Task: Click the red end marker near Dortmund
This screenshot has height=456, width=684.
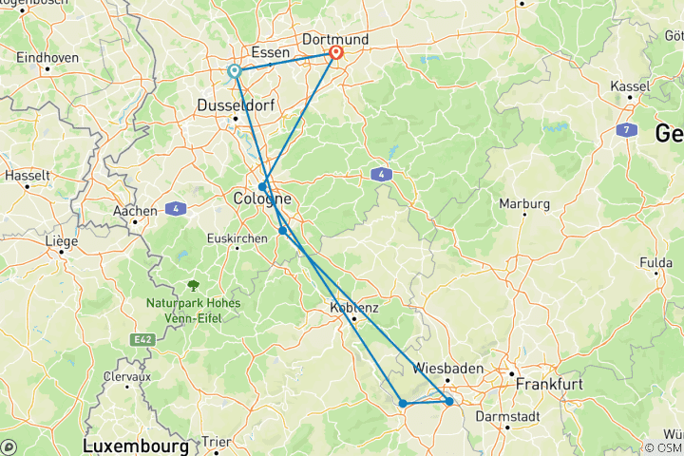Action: tap(335, 53)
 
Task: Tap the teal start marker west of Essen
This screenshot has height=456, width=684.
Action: tap(235, 71)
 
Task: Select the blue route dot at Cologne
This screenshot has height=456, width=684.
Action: tap(262, 187)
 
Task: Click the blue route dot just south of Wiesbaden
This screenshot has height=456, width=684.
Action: tap(449, 402)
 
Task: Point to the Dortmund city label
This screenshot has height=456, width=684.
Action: tap(333, 39)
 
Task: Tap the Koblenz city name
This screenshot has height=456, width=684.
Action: tap(354, 308)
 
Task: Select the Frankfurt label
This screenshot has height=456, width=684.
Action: tap(547, 386)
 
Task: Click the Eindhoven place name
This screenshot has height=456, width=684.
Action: tap(47, 57)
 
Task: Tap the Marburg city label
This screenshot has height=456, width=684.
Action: tap(525, 203)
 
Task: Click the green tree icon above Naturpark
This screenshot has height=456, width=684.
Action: tap(194, 285)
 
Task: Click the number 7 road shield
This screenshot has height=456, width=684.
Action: tap(627, 128)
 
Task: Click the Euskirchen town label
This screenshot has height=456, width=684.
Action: tap(237, 238)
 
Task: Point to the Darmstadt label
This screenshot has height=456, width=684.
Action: tap(508, 416)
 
